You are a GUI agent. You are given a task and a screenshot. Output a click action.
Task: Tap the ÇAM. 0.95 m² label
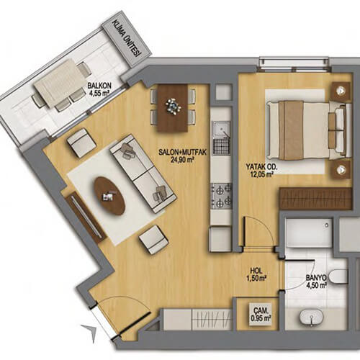pyautogui.click(x=261, y=314)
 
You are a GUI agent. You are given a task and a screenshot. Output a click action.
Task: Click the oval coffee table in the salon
pyautogui.click(x=109, y=195)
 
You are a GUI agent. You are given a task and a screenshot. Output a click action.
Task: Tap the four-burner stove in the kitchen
pyautogui.click(x=221, y=195)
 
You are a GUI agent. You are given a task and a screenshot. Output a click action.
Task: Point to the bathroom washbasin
pyautogui.click(x=311, y=318)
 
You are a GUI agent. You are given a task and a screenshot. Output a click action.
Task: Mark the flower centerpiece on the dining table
pyautogui.click(x=173, y=106)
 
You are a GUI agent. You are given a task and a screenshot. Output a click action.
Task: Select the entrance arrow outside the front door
pyautogui.click(x=89, y=333)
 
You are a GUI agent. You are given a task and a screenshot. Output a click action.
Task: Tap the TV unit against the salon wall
pyautogui.click(x=86, y=217)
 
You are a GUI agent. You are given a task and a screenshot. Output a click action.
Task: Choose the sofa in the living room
pyautogui.click(x=143, y=173)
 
